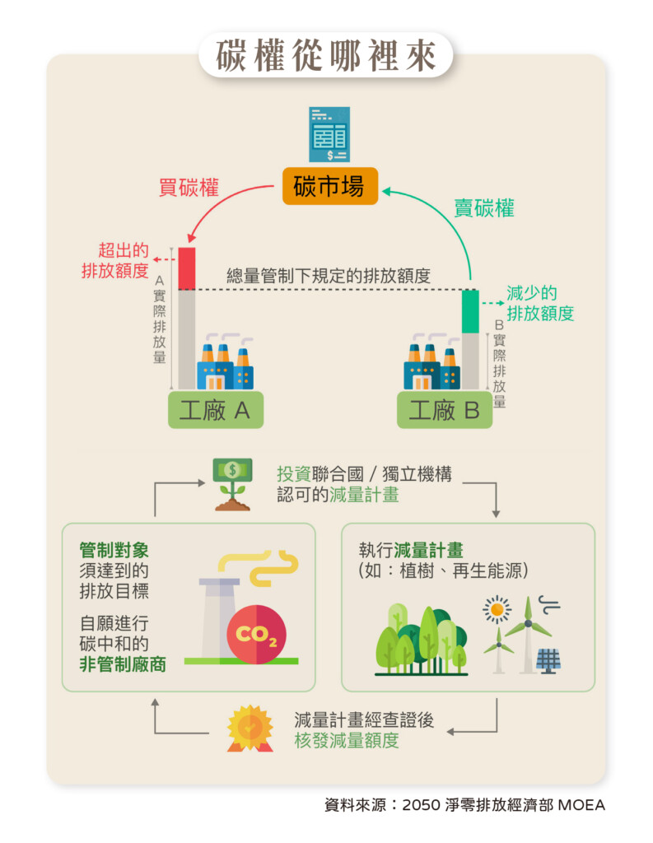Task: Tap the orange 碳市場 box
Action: (329, 186)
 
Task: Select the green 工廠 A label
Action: (216, 410)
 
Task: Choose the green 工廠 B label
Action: (445, 410)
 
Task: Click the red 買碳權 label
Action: (189, 188)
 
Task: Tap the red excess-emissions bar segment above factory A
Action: (186, 268)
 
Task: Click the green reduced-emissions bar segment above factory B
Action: (470, 311)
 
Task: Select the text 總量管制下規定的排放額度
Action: (329, 277)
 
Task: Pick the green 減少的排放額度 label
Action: (539, 303)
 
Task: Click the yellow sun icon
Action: (497, 610)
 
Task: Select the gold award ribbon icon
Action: (250, 727)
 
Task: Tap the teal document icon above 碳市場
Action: (329, 134)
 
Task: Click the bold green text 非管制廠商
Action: (123, 664)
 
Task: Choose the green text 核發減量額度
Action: (347, 739)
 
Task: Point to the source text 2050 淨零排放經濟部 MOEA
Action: (503, 805)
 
